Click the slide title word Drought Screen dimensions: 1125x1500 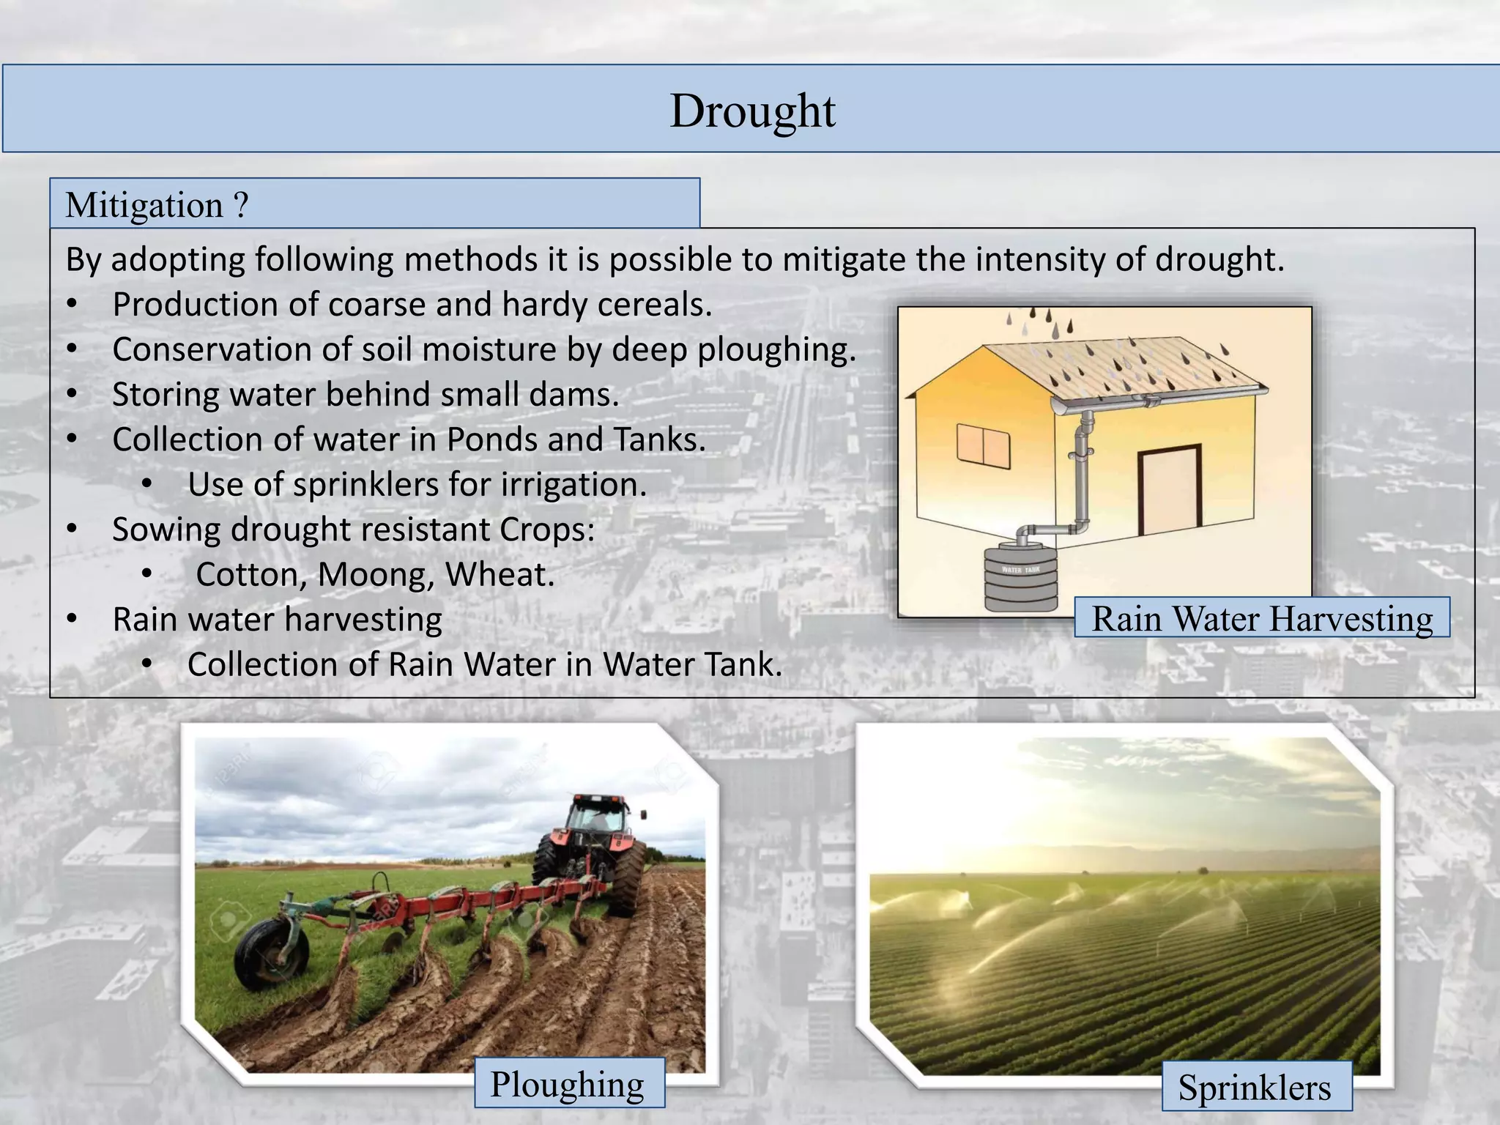pos(752,111)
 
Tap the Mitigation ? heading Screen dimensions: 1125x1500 pos(157,205)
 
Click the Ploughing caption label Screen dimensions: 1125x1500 pos(568,1085)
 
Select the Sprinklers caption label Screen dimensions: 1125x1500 pos(1255,1088)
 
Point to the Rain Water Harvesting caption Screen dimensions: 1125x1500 pos(1262,619)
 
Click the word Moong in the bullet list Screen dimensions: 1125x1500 pos(372,575)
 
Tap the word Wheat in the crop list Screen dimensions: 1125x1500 pos(500,575)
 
